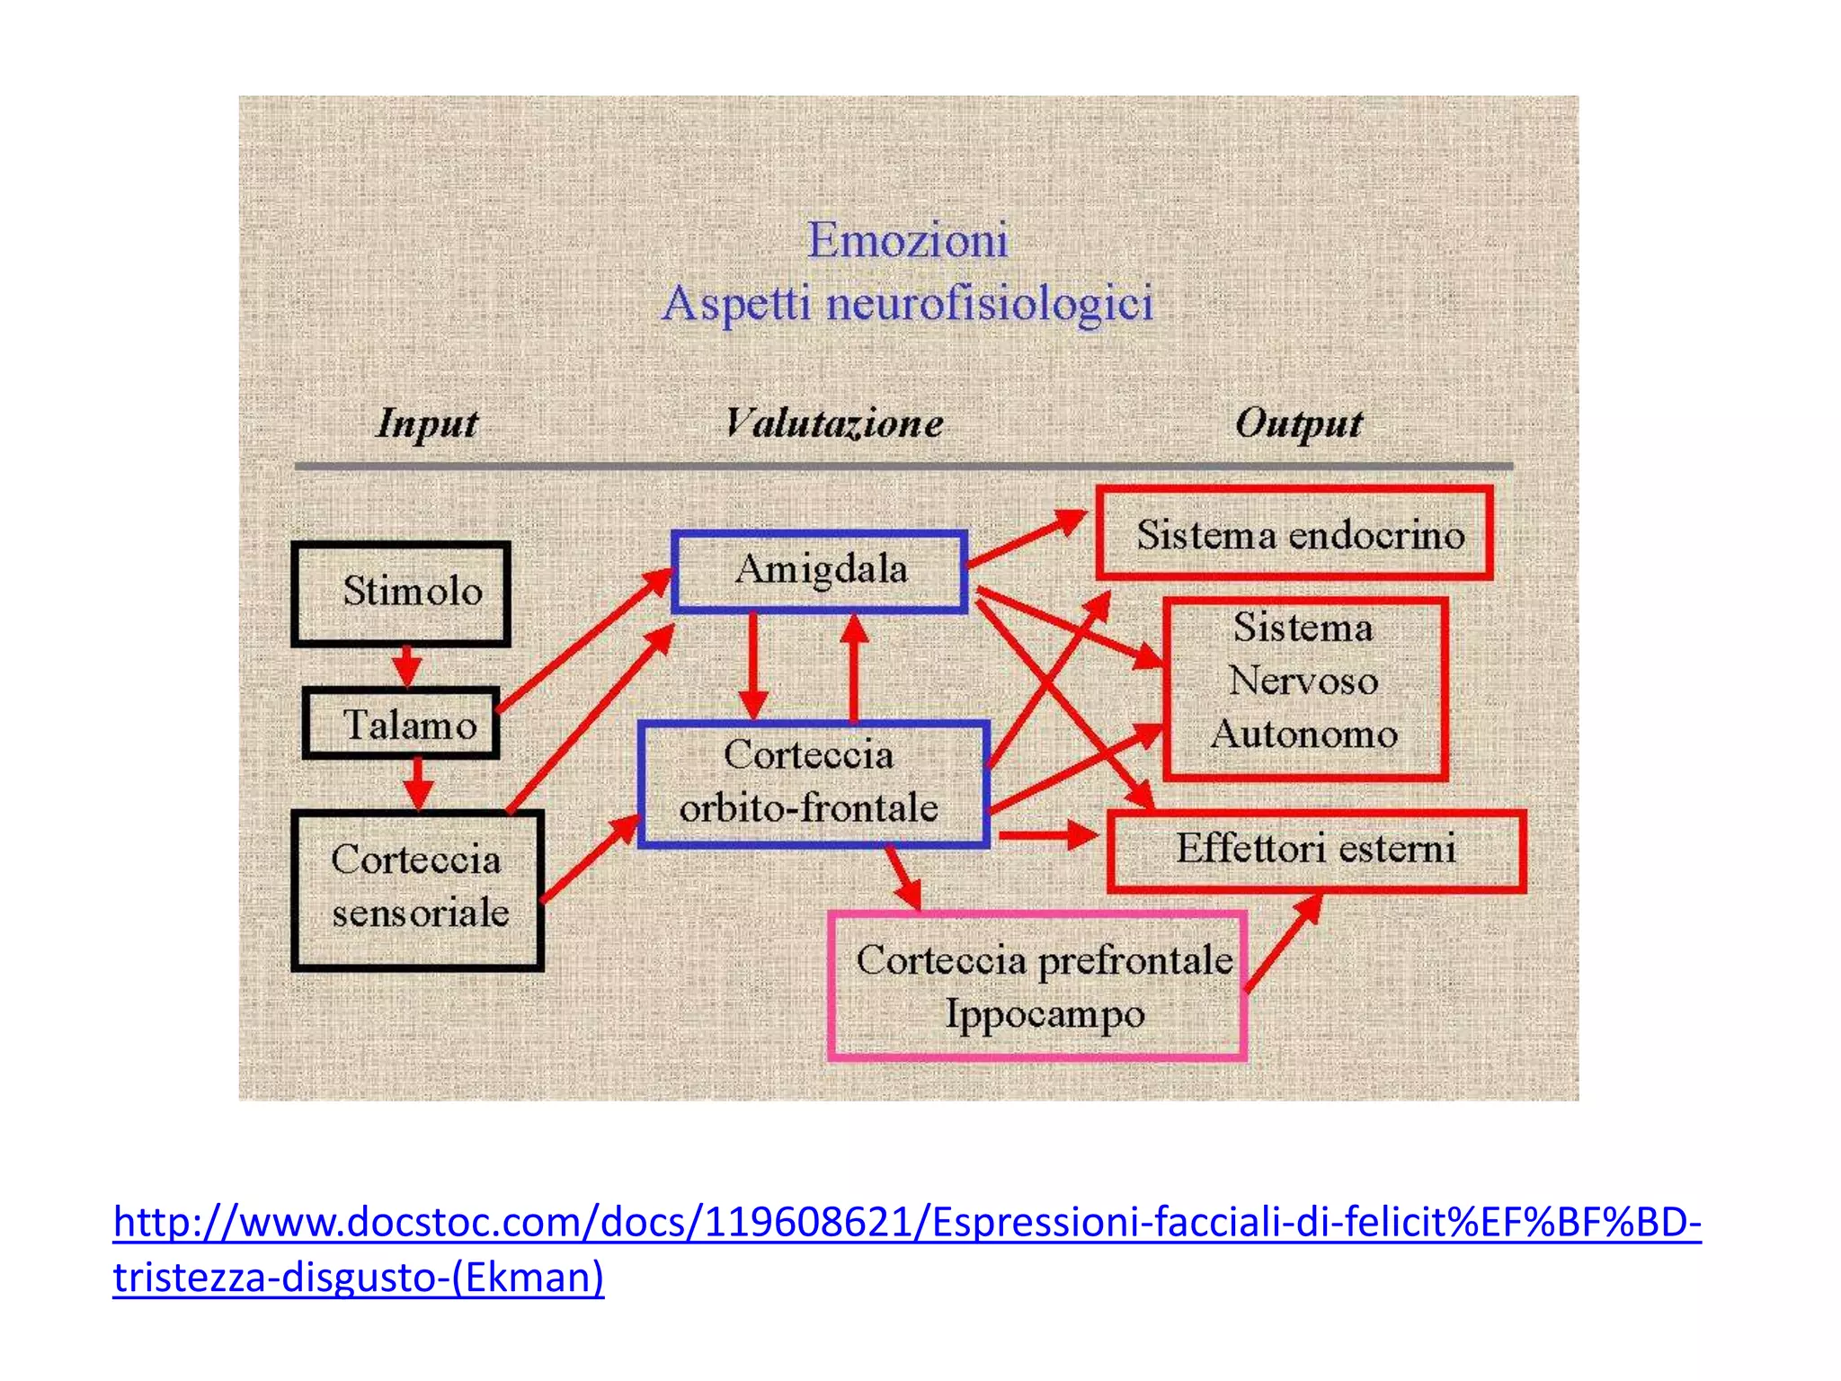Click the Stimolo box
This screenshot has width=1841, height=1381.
401,593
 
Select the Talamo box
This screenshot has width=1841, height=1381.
401,724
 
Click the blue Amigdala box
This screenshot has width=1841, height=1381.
820,570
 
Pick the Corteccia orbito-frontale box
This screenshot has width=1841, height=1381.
814,783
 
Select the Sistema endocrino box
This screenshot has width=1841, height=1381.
1294,534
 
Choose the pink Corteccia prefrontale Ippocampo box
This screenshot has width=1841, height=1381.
1038,987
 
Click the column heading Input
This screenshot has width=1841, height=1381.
427,423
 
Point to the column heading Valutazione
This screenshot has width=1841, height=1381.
834,423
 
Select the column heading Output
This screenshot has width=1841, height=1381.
1298,423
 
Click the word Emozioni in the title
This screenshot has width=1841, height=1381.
908,240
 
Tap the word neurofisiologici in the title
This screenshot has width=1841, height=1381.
989,303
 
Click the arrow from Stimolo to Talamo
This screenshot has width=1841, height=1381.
407,666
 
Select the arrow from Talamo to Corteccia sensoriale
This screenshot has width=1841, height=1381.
417,783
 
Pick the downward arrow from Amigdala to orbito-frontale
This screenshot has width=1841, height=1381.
752,665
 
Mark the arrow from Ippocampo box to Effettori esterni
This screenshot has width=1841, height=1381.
1284,942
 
